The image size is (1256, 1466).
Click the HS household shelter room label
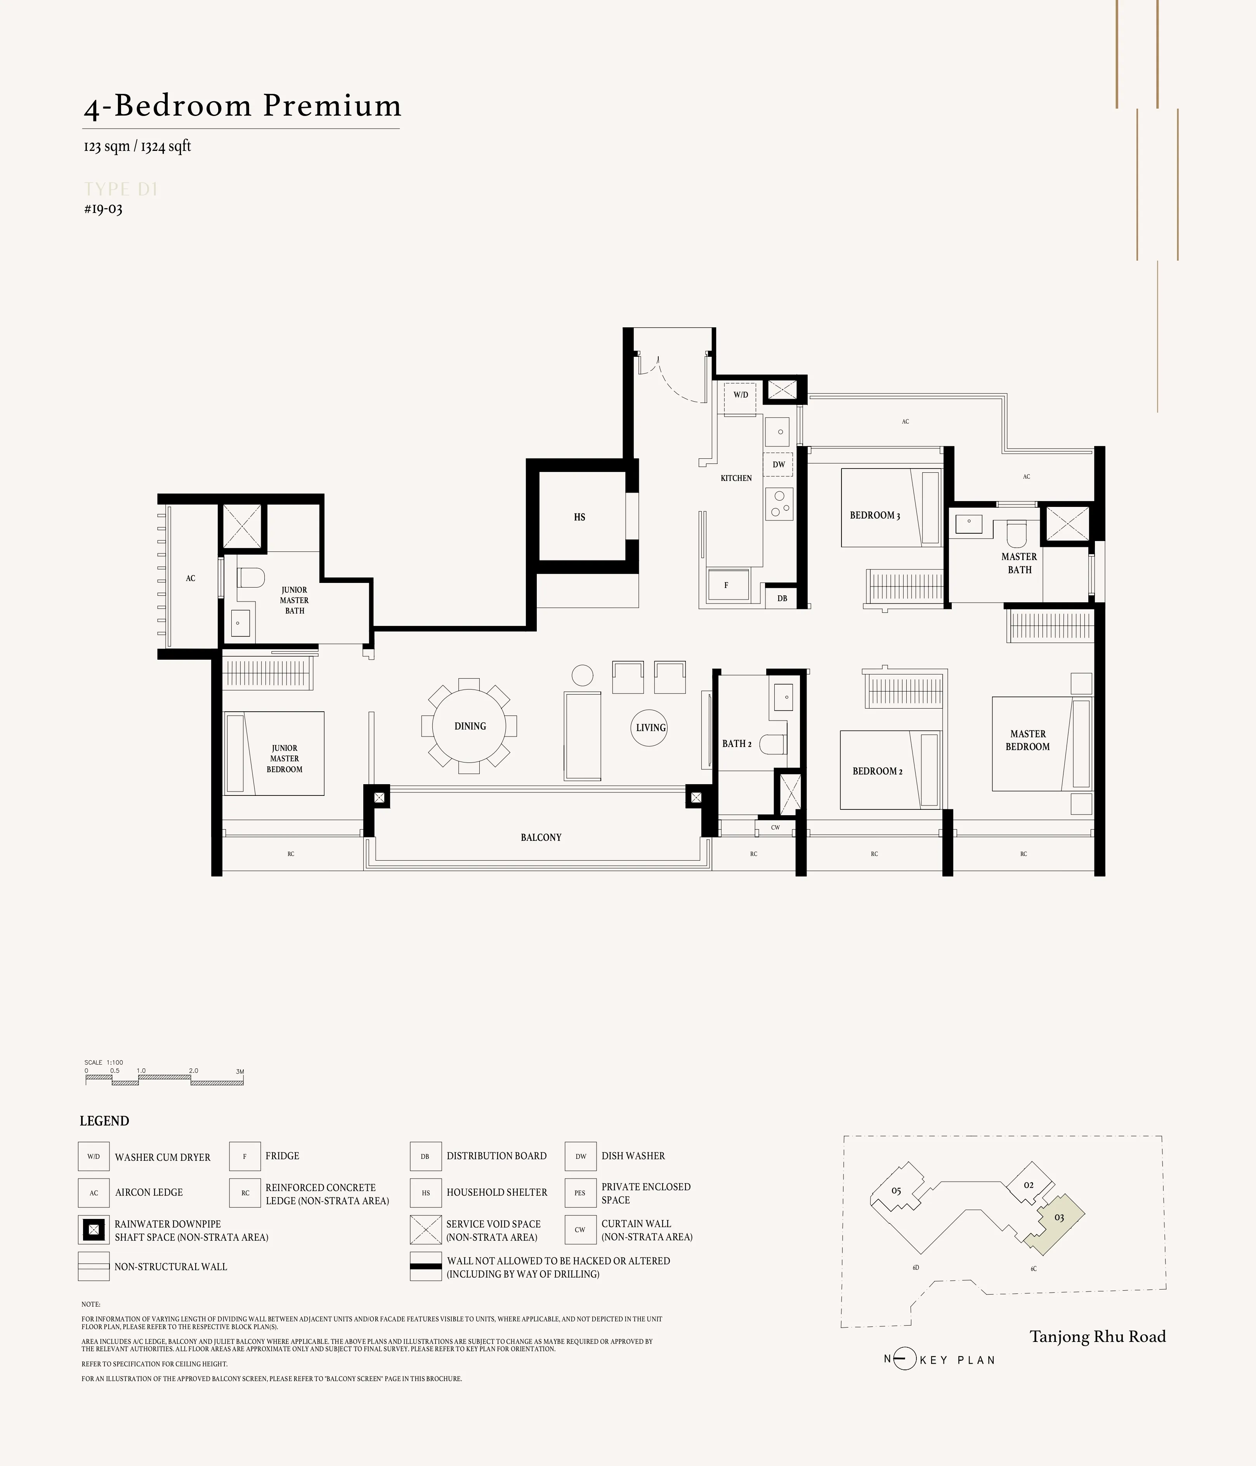click(579, 517)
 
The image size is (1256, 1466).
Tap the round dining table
click(469, 726)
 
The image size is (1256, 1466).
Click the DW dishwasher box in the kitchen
click(778, 465)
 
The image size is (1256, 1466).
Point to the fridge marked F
click(727, 585)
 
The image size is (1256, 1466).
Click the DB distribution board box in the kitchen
click(782, 598)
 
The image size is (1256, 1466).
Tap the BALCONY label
click(541, 837)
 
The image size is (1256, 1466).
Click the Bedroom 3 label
click(874, 515)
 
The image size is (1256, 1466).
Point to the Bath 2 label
click(736, 743)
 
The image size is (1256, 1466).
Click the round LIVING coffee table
click(650, 727)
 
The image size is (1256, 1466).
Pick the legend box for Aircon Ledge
click(94, 1192)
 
